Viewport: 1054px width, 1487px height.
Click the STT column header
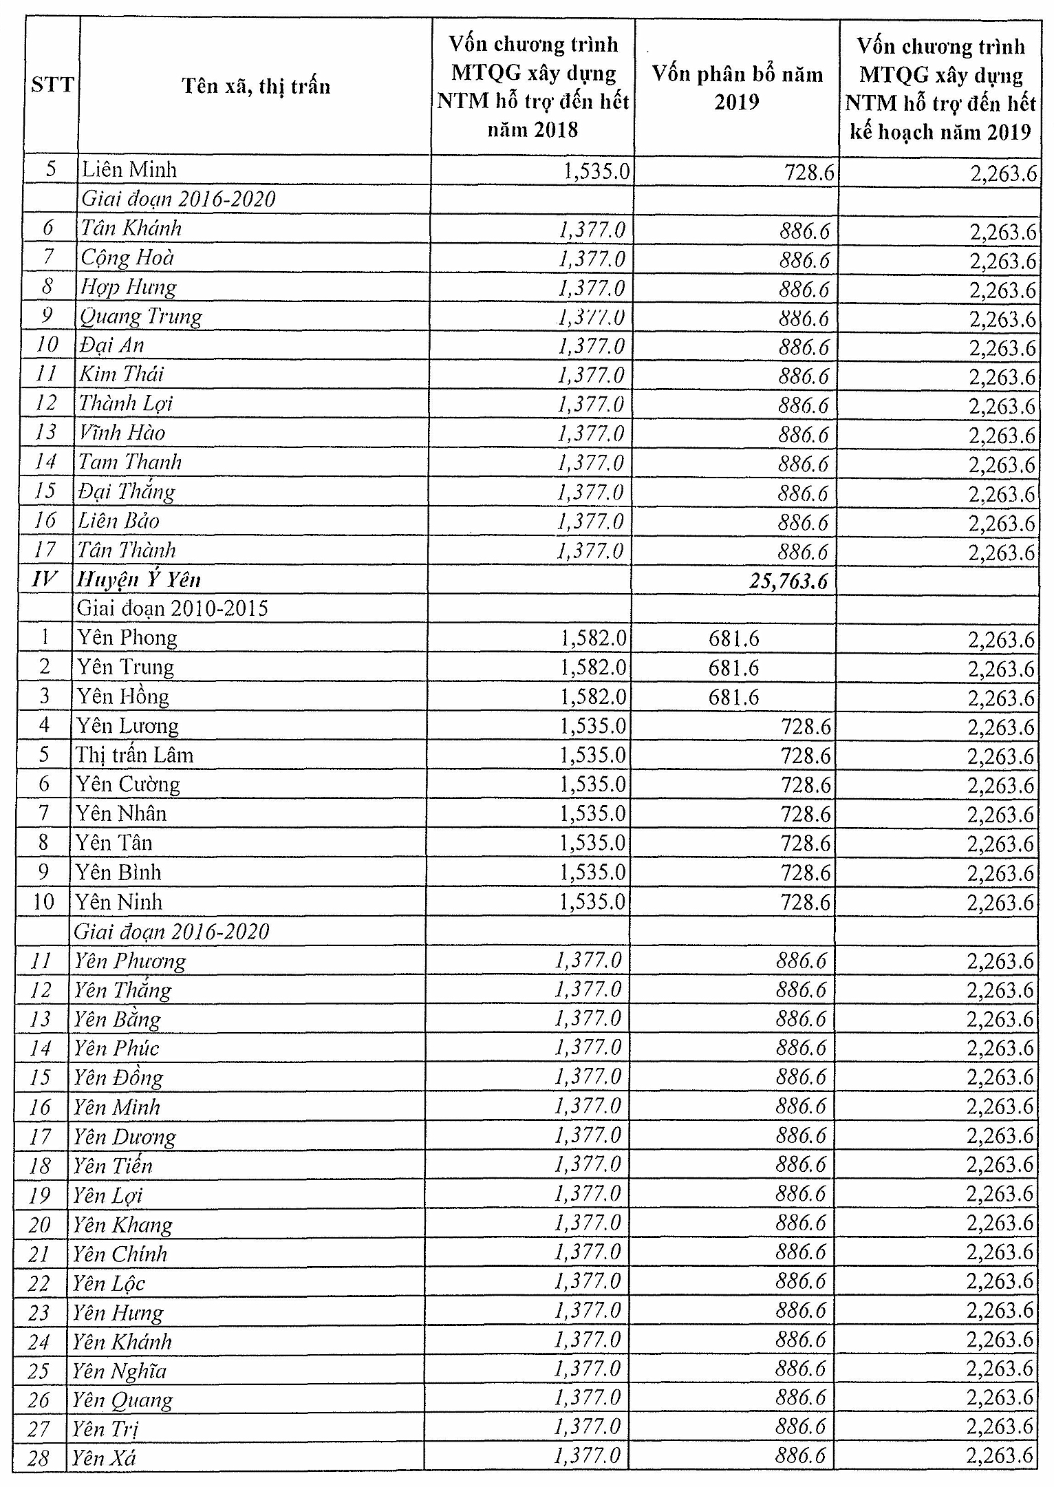coord(52,85)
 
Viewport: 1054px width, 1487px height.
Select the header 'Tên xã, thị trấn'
coord(256,87)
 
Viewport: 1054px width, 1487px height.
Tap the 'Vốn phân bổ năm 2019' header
coord(737,87)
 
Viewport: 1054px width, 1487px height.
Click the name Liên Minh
coord(129,169)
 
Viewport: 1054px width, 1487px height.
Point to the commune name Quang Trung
coord(141,317)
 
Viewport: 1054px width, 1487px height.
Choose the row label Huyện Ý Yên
coord(138,579)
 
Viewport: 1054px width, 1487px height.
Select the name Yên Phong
coord(127,638)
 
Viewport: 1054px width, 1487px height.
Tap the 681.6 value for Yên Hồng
coord(734,698)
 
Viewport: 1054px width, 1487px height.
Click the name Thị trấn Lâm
coord(135,755)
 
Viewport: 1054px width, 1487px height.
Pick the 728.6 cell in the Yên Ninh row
coord(805,901)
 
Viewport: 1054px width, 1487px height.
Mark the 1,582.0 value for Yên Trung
coord(593,668)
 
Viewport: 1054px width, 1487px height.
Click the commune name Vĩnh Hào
coord(122,433)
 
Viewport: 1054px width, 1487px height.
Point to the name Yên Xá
coord(105,1457)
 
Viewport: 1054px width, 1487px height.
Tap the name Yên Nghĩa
coord(120,1371)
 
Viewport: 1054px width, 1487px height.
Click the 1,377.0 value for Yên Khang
coord(588,1223)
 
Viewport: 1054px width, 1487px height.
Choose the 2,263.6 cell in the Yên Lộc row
coord(1000,1282)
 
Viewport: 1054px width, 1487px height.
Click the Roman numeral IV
coord(45,579)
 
